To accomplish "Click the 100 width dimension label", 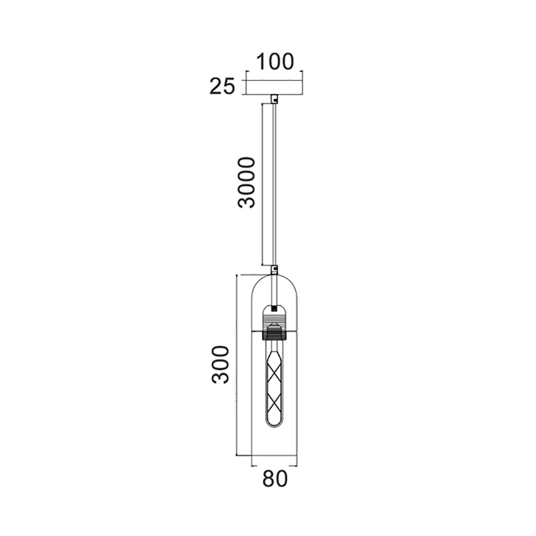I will pos(274,62).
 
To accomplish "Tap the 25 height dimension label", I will pos(222,86).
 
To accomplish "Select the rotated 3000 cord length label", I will pos(247,182).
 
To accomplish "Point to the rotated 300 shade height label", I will pos(220,364).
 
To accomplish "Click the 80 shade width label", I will pos(275,479).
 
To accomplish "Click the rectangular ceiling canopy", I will pos(274,87).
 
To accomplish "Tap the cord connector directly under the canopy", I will pos(274,99).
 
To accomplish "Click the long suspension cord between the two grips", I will pos(274,182).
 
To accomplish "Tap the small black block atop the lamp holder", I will pos(274,309).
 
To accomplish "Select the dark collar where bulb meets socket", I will pos(274,336).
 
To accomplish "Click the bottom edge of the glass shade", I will pos(274,456).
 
